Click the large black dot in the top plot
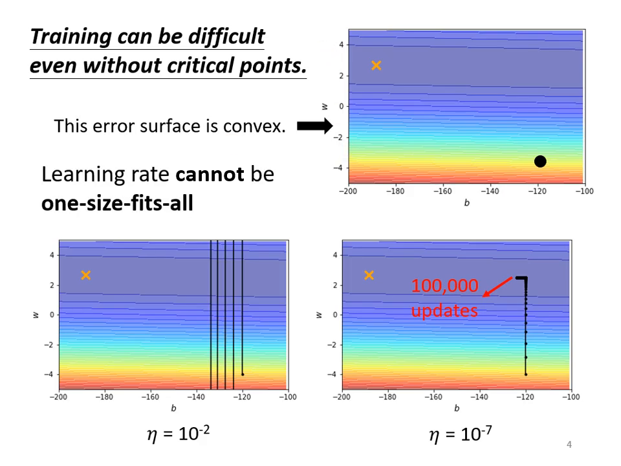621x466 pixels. (540, 161)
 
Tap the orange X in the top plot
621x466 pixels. (376, 65)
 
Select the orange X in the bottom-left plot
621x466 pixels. (85, 276)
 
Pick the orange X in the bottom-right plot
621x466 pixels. (369, 276)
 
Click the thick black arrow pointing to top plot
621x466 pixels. (314, 127)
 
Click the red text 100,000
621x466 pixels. (444, 286)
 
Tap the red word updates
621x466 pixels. (444, 311)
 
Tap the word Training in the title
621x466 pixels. (69, 36)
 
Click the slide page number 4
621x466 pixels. (569, 445)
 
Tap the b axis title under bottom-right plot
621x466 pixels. (457, 408)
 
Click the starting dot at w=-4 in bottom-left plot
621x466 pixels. (243, 374)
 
